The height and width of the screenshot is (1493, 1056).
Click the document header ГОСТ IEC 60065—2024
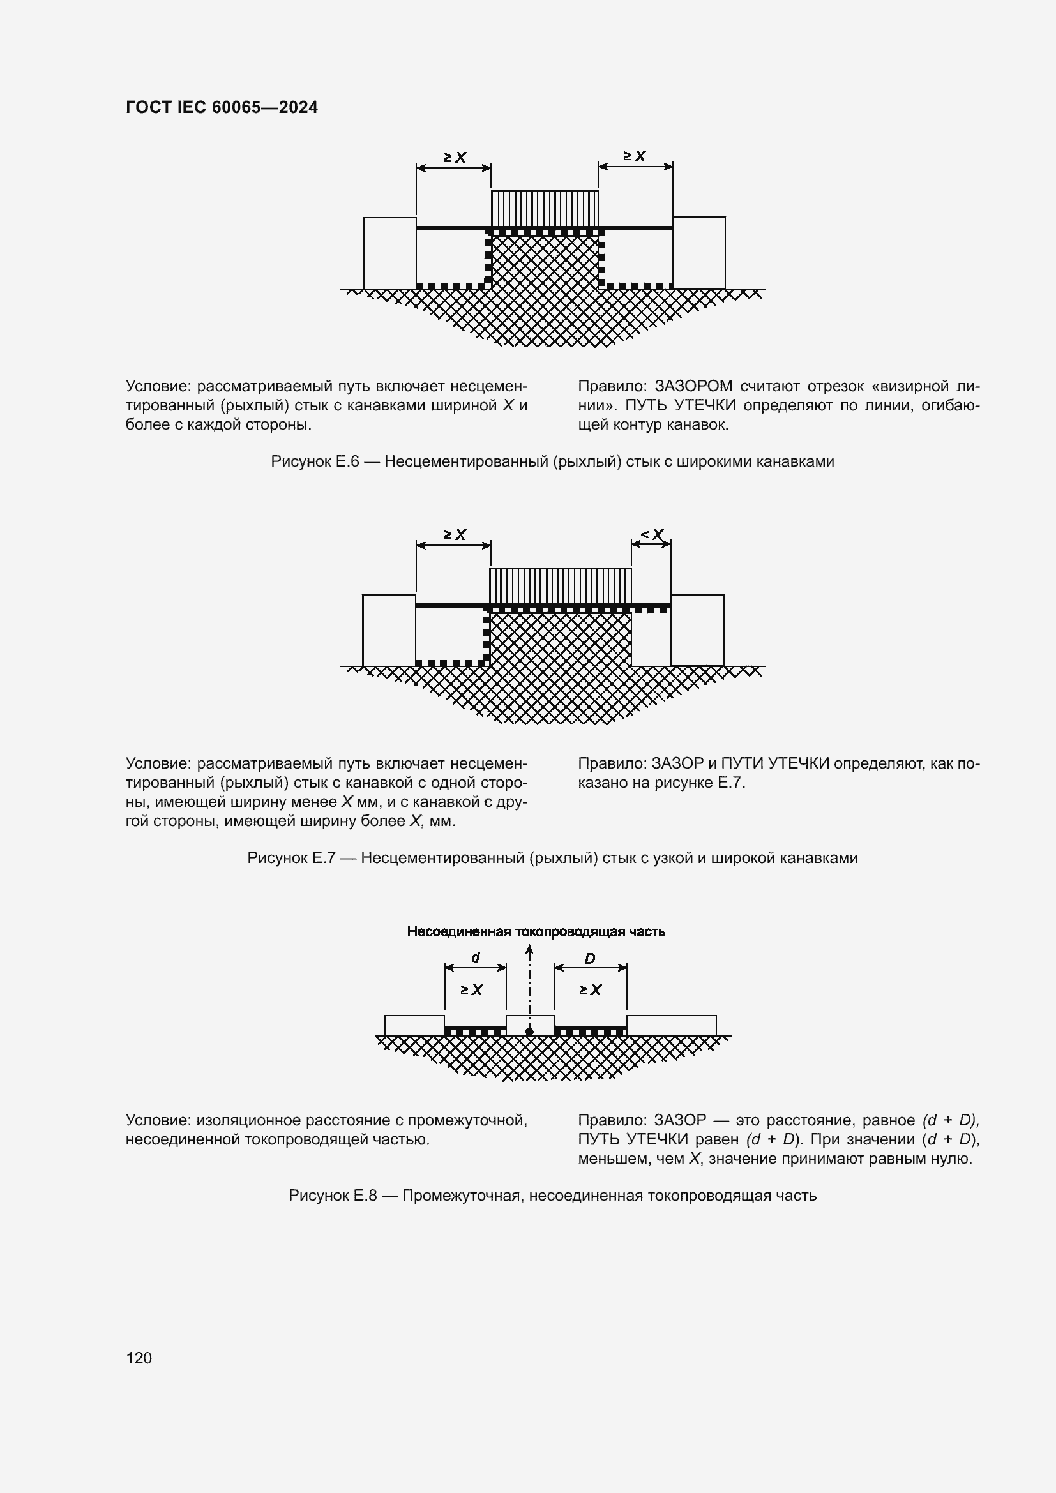[x=222, y=107]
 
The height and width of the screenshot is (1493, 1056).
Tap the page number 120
[x=139, y=1357]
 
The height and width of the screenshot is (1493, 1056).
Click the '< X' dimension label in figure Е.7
[x=652, y=534]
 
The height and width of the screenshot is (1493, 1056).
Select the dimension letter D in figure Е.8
[x=590, y=959]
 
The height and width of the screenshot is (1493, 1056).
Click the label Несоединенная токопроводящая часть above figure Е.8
[x=536, y=931]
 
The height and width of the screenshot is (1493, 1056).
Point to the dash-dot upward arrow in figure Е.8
[x=529, y=982]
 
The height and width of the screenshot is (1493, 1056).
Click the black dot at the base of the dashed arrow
[x=529, y=1032]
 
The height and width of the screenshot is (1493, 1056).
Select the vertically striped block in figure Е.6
[x=544, y=208]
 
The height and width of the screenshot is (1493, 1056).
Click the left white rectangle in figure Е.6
[x=389, y=252]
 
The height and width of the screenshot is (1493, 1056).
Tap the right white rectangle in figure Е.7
[x=697, y=629]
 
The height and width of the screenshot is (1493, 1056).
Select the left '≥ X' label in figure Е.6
[x=455, y=158]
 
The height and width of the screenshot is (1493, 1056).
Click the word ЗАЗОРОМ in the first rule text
[x=693, y=386]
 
